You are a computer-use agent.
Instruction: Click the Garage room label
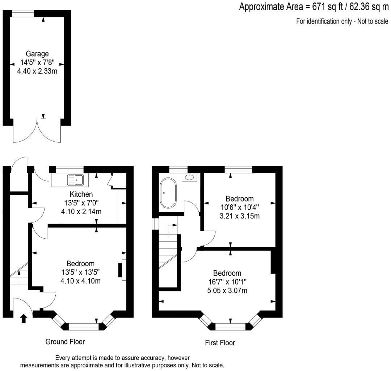coord(37,54)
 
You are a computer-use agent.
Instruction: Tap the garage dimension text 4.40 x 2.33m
coord(37,71)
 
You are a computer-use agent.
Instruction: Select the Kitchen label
coord(81,194)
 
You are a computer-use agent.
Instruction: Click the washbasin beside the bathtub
coord(189,177)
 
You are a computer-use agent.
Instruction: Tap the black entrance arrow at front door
coord(24,318)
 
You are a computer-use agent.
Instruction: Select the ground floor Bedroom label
coord(80,263)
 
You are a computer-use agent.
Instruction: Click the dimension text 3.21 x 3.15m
coord(240,216)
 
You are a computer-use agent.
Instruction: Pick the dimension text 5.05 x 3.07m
coord(227,291)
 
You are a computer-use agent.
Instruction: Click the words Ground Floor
coord(65,341)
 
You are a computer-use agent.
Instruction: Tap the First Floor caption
coord(220,343)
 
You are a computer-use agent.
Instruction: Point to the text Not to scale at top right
coord(373,21)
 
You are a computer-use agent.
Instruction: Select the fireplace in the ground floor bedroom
coord(121,270)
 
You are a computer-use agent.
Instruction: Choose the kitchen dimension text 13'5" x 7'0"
coord(81,203)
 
